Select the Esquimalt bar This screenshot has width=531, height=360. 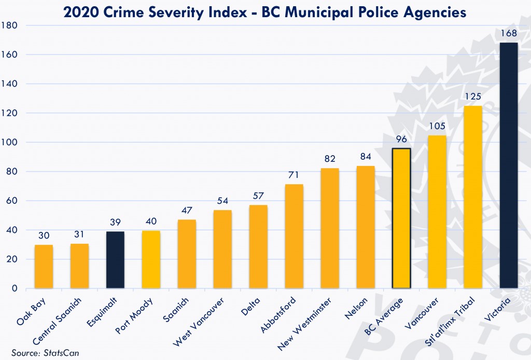click(115, 259)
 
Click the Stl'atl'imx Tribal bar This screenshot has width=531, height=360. click(472, 197)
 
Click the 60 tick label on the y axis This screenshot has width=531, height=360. click(12, 201)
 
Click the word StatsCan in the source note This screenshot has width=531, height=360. click(58, 353)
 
